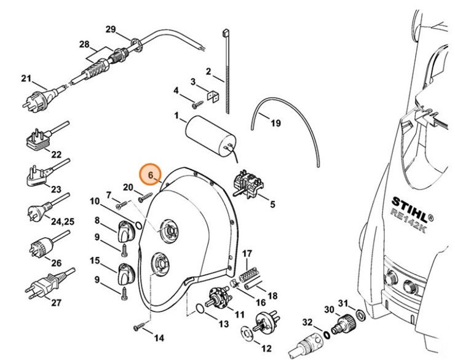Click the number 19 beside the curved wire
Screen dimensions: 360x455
275,123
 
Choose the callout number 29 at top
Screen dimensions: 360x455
111,29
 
